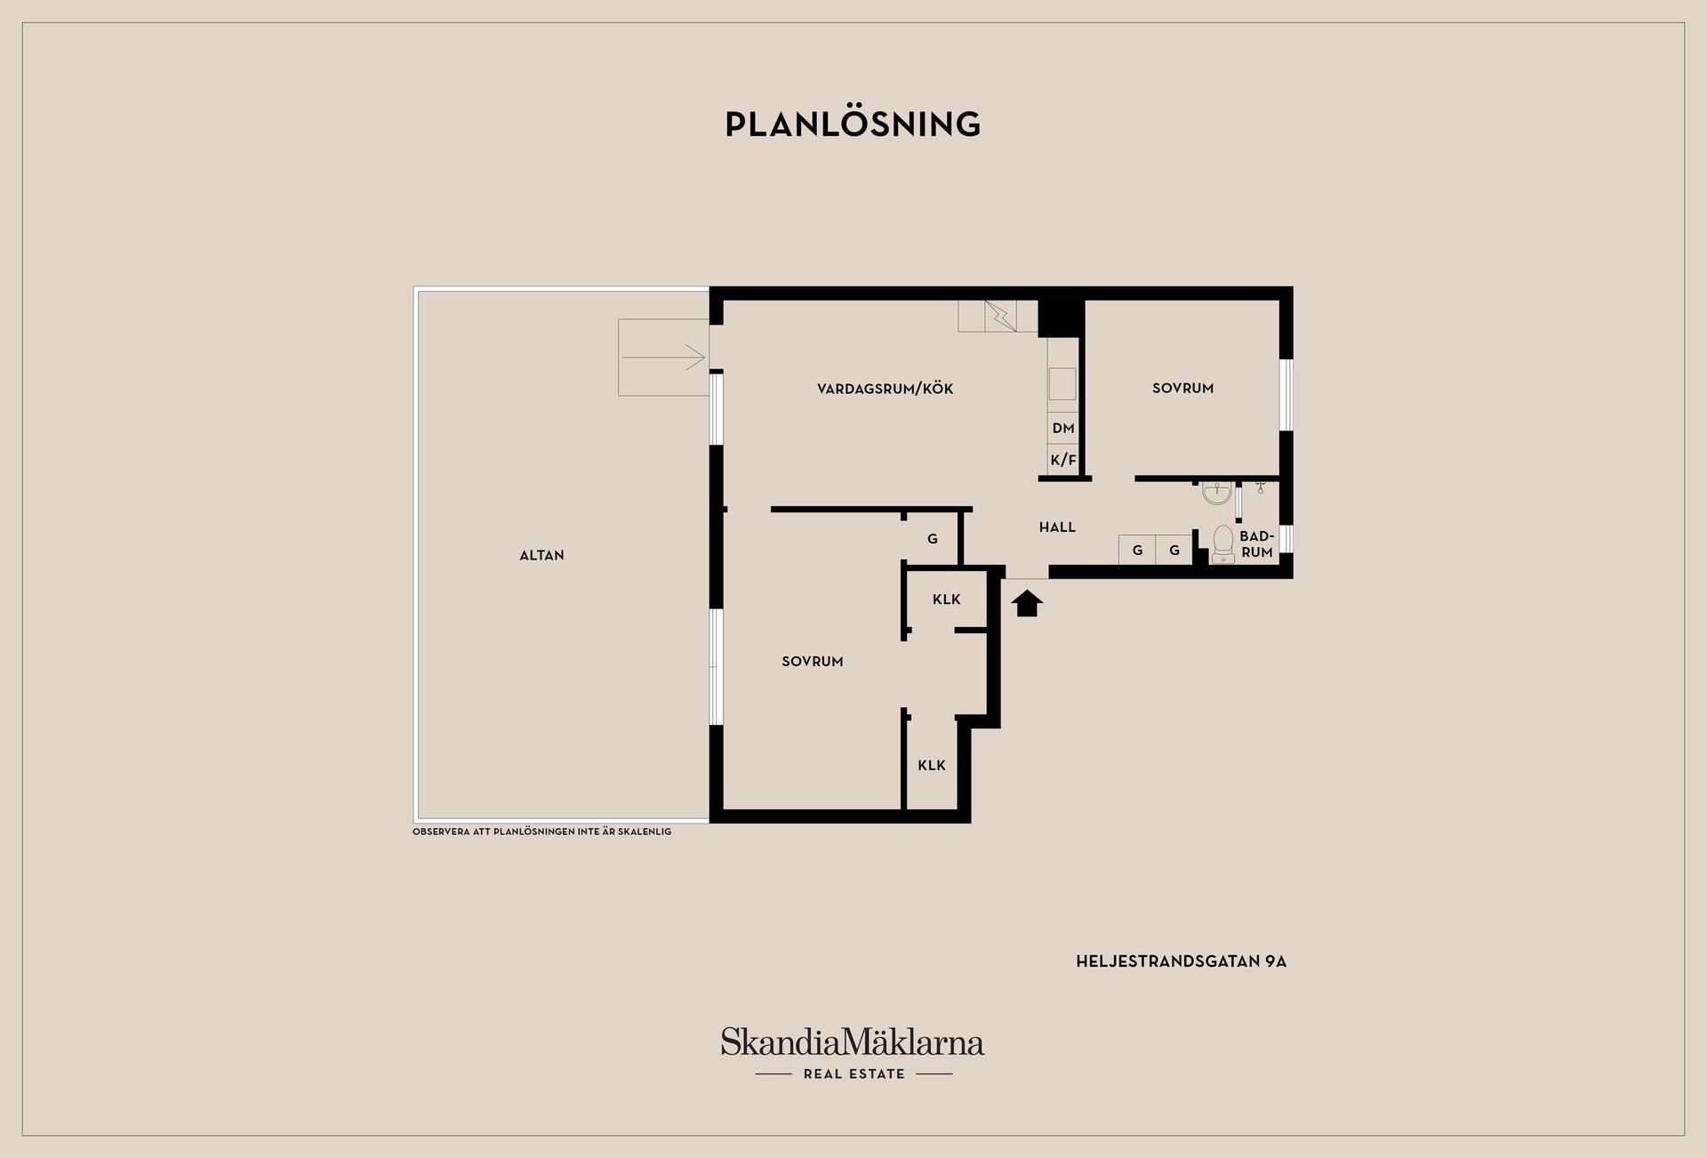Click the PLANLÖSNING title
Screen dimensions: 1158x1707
(x=853, y=125)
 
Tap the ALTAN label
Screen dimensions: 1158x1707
(x=541, y=555)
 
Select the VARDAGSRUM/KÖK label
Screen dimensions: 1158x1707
(x=885, y=389)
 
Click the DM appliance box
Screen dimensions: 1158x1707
(x=1063, y=428)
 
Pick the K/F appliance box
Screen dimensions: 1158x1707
(x=1063, y=460)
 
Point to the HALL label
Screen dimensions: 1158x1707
(x=1057, y=527)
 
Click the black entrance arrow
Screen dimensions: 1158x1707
(x=1027, y=603)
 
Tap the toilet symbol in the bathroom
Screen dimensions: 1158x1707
(x=1223, y=543)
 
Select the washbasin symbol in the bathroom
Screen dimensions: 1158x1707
(x=1216, y=493)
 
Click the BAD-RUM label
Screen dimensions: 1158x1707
(x=1256, y=544)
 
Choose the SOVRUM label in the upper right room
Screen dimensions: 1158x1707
(x=1182, y=388)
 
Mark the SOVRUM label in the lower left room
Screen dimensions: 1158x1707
(x=812, y=662)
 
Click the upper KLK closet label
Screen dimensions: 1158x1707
(x=946, y=599)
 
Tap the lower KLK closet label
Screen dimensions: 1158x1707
(x=931, y=765)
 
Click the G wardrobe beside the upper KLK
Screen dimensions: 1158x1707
(x=932, y=539)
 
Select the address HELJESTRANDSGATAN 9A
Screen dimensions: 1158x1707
(x=1181, y=961)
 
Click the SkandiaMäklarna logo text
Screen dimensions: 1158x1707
(x=852, y=1041)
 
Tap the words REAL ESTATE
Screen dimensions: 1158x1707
(x=853, y=1074)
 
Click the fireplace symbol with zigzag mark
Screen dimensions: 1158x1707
(x=999, y=316)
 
